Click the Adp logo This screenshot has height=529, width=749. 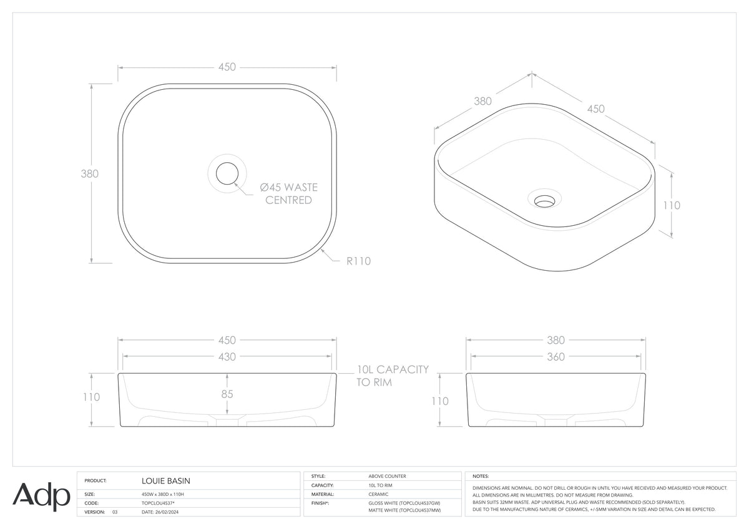click(x=41, y=497)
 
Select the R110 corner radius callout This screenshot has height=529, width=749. click(x=358, y=261)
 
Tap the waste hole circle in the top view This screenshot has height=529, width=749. click(x=227, y=173)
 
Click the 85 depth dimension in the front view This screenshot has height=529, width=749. click(x=227, y=394)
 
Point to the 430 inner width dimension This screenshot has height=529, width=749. click(x=227, y=357)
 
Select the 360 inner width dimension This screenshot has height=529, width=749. click(x=556, y=357)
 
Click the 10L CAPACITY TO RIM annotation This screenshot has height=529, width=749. click(x=392, y=376)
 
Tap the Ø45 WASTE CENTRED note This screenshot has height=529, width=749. click(x=288, y=194)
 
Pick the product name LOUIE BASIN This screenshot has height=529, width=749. click(x=166, y=481)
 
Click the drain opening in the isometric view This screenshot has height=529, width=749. click(x=544, y=201)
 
